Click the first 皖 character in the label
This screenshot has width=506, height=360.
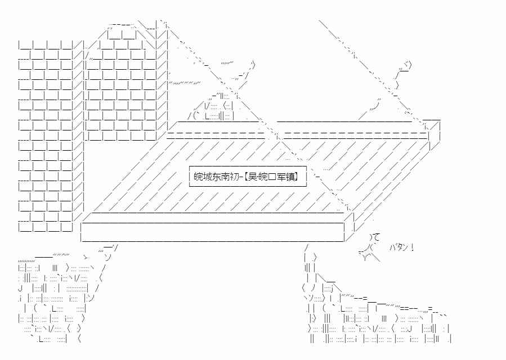click(199, 177)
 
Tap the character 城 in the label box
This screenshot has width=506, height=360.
click(208, 177)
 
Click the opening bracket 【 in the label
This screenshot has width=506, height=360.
click(248, 177)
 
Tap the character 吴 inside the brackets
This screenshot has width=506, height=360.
click(256, 177)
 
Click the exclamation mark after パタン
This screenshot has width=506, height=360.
click(413, 247)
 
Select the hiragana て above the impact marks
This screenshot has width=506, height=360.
click(376, 237)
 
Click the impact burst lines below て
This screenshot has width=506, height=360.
click(369, 253)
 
